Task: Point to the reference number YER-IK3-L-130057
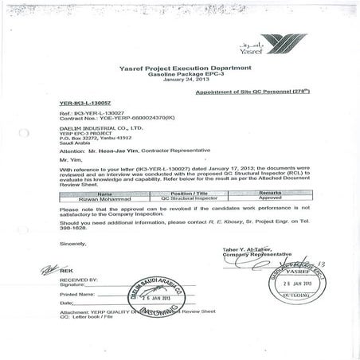pyautogui.click(x=85, y=104)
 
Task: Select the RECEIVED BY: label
pyautogui.click(x=79, y=280)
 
